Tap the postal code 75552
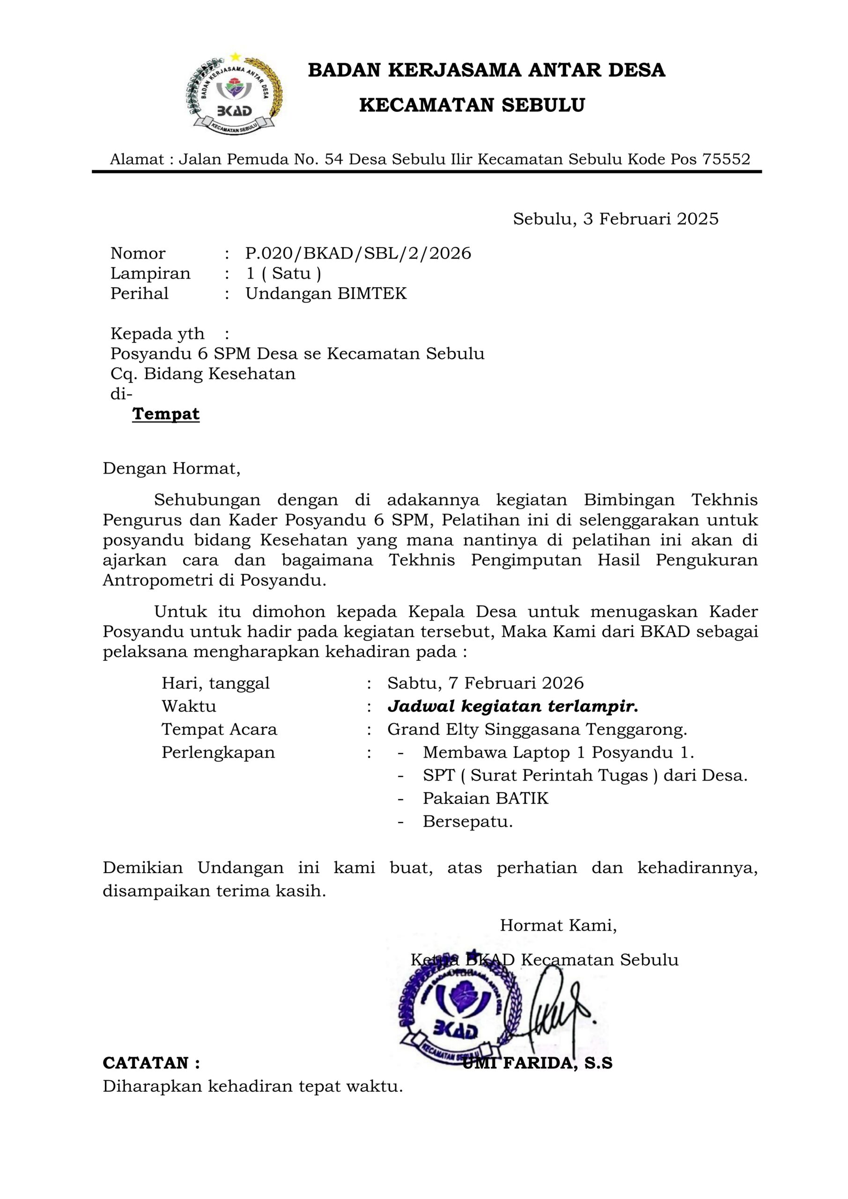click(x=726, y=159)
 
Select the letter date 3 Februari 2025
click(x=616, y=219)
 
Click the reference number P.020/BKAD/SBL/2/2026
click(x=358, y=253)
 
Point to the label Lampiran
click(x=150, y=274)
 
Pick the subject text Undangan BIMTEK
click(x=326, y=294)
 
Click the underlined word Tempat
click(x=166, y=414)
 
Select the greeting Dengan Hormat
click(x=171, y=468)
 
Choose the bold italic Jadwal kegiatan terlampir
click(x=512, y=707)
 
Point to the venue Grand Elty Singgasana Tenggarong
click(x=537, y=730)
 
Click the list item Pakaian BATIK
click(x=485, y=799)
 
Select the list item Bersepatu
click(x=467, y=822)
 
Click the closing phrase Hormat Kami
click(x=558, y=925)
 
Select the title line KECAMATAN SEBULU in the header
click(x=472, y=105)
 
